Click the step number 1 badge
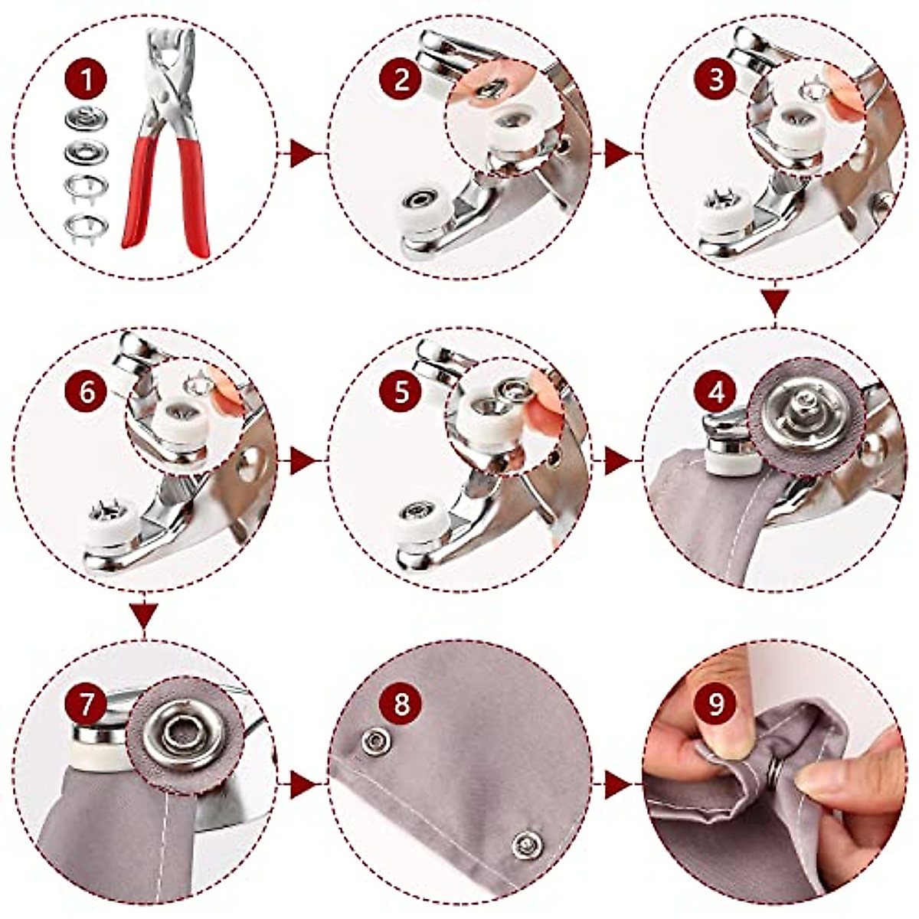click(87, 80)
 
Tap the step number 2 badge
click(401, 80)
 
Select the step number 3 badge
click(716, 80)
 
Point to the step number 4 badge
click(716, 392)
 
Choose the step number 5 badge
click(401, 392)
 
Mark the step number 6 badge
click(87, 392)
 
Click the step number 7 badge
click(87, 704)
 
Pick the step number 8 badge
click(401, 704)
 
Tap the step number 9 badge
click(716, 704)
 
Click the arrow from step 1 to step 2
click(302, 155)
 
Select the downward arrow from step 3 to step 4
click(775, 301)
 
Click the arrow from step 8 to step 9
click(617, 785)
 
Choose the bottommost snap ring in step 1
click(87, 225)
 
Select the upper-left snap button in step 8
click(374, 741)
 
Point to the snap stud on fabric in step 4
click(803, 410)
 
